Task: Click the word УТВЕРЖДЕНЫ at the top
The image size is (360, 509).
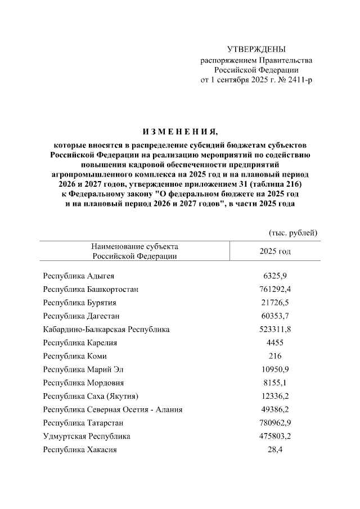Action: [x=256, y=49]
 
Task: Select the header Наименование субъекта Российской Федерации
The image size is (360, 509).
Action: [x=134, y=251]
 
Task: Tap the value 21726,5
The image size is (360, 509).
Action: [x=275, y=303]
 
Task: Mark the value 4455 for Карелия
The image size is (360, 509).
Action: [x=275, y=343]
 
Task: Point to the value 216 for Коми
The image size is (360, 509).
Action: [x=275, y=356]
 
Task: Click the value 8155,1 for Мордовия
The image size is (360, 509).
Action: [x=275, y=383]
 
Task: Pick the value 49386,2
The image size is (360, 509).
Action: [x=275, y=409]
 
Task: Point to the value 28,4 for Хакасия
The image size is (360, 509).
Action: [x=275, y=449]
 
